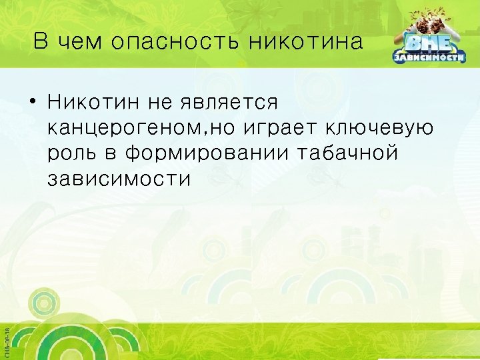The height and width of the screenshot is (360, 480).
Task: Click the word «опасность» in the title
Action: [175, 43]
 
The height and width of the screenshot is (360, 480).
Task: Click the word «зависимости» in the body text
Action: [119, 178]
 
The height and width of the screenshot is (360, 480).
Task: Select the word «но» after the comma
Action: [227, 129]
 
